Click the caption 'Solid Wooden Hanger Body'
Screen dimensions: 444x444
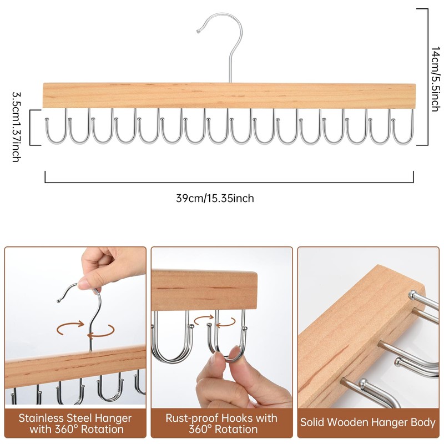click(x=368, y=422)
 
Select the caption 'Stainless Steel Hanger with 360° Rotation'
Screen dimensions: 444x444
click(x=75, y=422)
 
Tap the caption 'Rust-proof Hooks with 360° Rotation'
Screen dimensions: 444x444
click(x=221, y=422)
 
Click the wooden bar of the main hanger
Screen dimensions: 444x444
click(x=229, y=95)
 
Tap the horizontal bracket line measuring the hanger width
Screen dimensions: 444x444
click(x=229, y=181)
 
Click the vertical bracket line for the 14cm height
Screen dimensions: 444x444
click(x=427, y=77)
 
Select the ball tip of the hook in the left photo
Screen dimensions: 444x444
click(x=59, y=301)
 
